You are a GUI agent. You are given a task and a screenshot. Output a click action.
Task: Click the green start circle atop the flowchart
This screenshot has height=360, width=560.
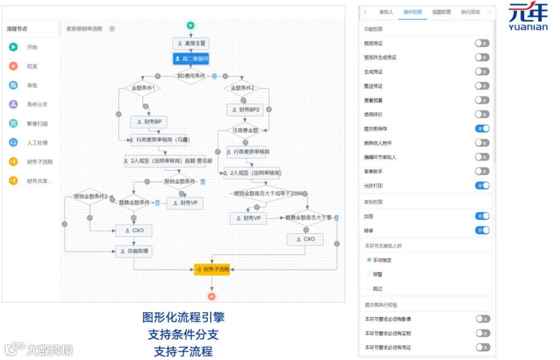190,25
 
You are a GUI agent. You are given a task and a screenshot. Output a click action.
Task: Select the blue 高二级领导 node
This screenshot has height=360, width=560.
191,59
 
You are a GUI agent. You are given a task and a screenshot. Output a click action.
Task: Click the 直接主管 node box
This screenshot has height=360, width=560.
191,44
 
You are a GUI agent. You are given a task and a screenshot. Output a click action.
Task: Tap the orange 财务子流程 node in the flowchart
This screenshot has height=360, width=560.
212,269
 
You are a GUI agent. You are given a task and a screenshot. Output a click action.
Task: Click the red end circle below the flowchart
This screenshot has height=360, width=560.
212,297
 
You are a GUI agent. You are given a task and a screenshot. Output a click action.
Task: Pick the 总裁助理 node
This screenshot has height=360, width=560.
133,252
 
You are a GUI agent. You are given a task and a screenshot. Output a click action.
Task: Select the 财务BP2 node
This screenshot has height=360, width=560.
244,109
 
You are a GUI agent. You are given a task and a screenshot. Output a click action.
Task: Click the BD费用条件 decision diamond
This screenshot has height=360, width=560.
190,76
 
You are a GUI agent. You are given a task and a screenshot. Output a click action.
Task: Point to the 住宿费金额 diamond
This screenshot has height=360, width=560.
245,130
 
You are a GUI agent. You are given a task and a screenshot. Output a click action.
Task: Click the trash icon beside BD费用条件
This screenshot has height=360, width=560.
214,76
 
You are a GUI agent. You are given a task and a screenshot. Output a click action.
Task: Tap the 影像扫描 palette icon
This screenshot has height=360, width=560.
13,123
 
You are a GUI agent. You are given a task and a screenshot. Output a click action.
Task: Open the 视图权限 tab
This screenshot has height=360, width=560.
441,12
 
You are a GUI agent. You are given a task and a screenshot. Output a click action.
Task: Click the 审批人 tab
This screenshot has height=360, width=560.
386,12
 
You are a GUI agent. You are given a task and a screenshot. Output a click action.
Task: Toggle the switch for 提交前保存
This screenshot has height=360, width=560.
482,129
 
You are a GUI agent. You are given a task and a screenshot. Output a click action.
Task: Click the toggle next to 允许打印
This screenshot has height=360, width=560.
482,186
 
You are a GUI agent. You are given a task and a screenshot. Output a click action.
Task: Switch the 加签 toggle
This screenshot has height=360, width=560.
482,216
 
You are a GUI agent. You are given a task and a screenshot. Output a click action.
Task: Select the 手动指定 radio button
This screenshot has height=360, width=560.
369,260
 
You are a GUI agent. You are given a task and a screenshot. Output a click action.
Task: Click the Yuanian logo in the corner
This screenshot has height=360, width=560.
528,17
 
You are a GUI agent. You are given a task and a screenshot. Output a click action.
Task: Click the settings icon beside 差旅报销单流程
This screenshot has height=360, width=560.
112,29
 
